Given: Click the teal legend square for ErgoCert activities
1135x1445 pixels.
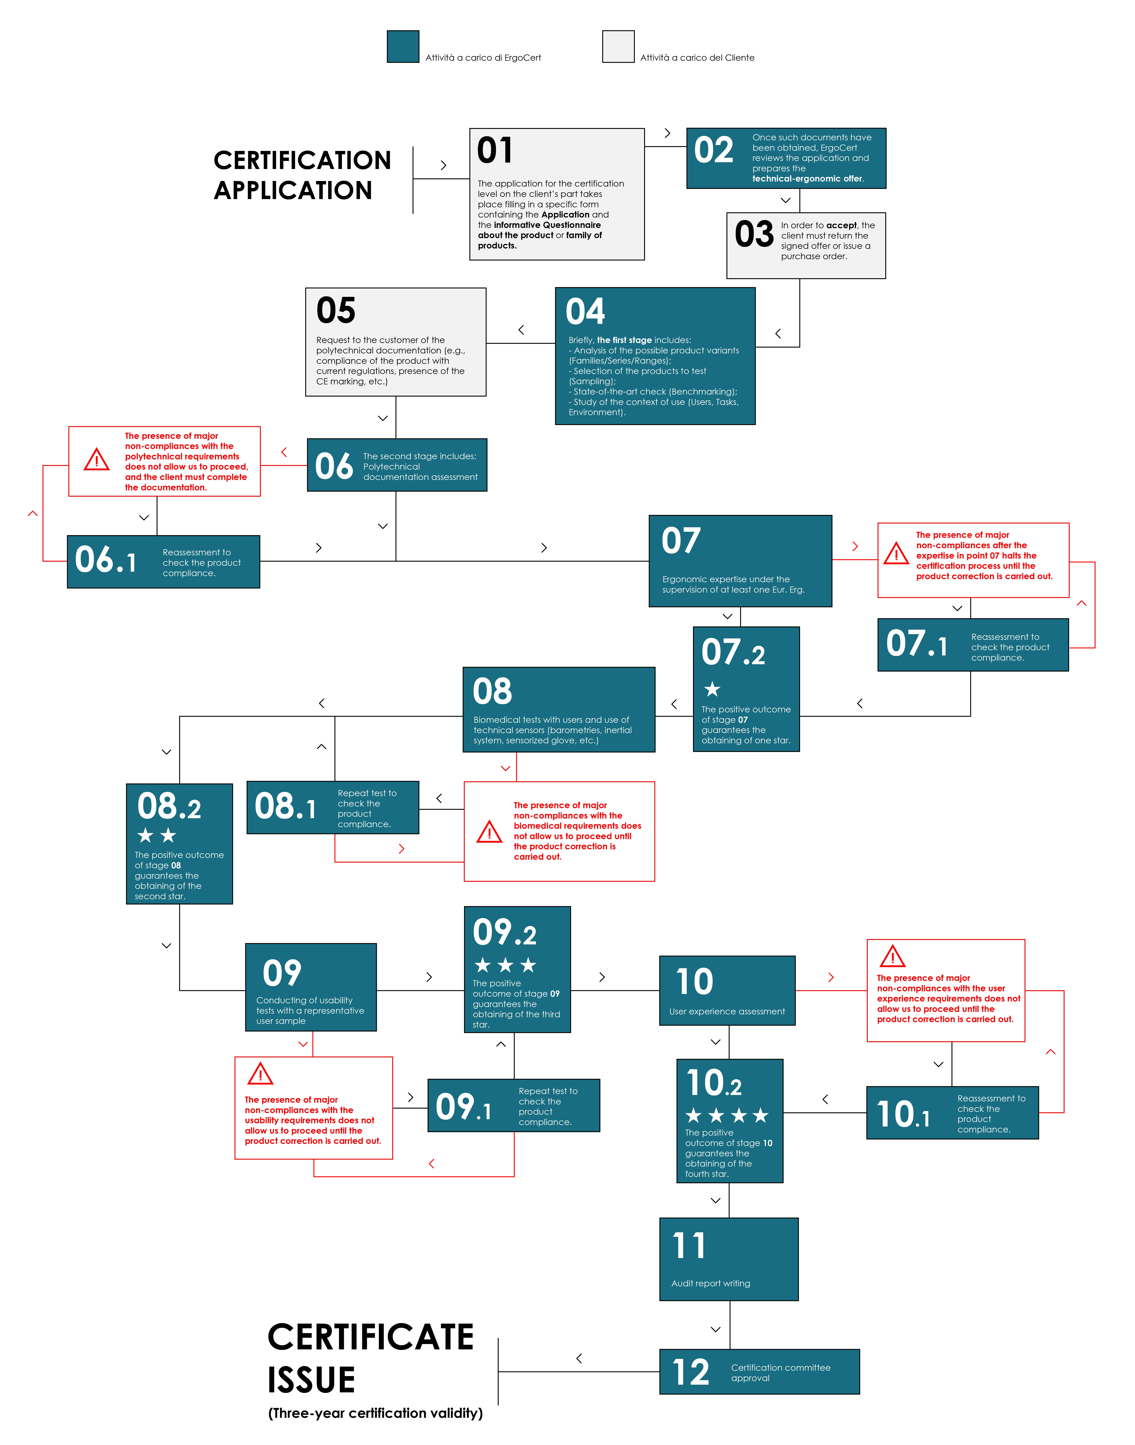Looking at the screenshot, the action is (403, 47).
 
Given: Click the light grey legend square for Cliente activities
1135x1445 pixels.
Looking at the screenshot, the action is (618, 47).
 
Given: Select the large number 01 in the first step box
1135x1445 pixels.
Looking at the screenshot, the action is (495, 150).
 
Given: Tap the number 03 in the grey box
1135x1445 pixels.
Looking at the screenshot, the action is (754, 234).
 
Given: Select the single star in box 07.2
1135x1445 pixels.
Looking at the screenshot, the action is (712, 689).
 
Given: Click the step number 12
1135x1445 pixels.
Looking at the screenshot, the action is (691, 1372).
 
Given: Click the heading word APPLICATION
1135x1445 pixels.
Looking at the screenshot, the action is (293, 190).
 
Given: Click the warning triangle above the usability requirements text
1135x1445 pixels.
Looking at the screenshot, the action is (260, 1074).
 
